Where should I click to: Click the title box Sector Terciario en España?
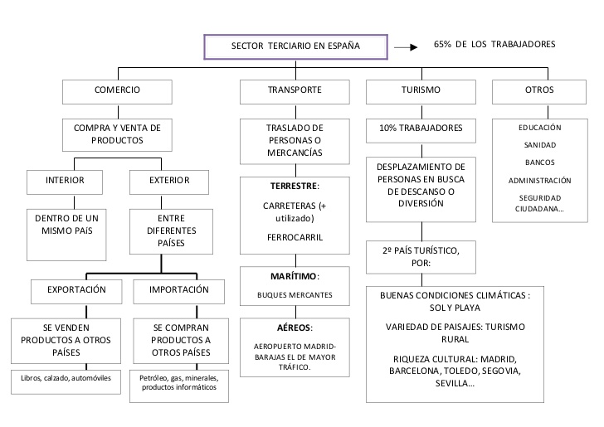point(295,46)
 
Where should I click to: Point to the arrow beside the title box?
point(405,47)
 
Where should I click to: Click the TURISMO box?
point(421,90)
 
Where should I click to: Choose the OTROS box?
point(539,90)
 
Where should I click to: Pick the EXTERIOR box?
point(170,180)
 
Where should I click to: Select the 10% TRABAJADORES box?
point(421,129)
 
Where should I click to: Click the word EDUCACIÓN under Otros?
point(540,128)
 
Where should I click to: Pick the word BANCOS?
point(540,163)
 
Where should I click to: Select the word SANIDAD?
point(540,145)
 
